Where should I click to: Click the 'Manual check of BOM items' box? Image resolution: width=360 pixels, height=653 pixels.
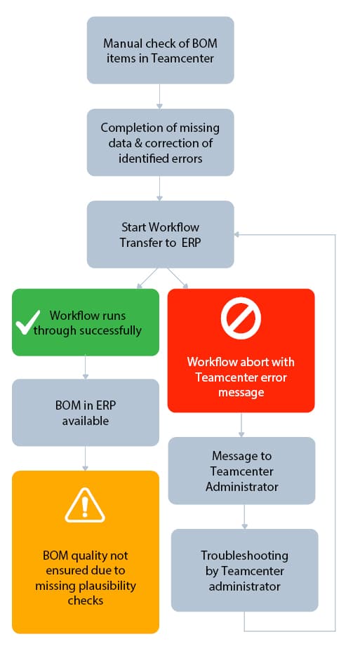pos(160,51)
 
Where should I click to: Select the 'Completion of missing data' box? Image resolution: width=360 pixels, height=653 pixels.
pos(160,142)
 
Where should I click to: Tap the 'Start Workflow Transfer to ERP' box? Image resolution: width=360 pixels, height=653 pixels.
pos(160,234)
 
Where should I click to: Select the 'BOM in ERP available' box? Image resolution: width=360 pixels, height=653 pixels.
pos(85,412)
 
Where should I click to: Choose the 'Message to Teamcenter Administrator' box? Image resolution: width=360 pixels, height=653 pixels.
pos(241,471)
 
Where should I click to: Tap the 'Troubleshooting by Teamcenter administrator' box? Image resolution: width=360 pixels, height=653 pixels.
pos(244,570)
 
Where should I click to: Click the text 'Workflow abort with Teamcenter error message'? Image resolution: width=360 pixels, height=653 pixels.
pos(241,377)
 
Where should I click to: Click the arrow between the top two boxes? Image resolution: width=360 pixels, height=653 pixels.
pos(160,96)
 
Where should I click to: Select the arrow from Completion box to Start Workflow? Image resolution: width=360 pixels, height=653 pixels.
pos(160,188)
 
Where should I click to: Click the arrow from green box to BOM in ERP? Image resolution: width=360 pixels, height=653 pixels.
pos(85,368)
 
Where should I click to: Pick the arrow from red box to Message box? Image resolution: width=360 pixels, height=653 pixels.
pos(241,424)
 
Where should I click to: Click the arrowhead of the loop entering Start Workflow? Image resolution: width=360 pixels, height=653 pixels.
pos(238,234)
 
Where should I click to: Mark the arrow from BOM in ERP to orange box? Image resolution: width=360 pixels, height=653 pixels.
pos(85,459)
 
